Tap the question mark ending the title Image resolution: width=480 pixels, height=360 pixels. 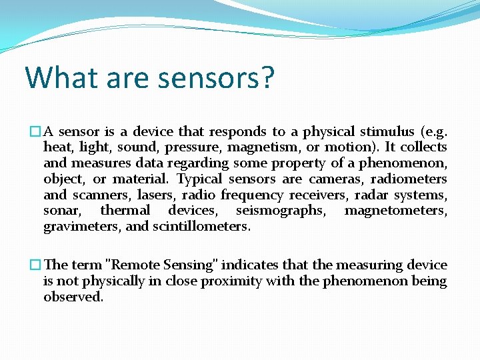point(266,77)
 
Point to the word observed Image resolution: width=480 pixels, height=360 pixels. point(73,297)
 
